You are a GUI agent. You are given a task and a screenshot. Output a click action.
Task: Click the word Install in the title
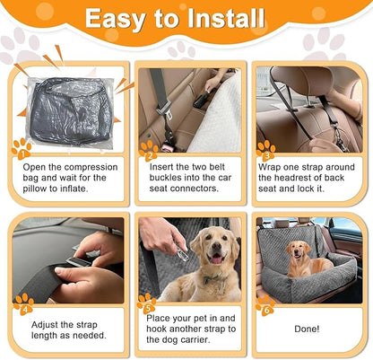point(221,19)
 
